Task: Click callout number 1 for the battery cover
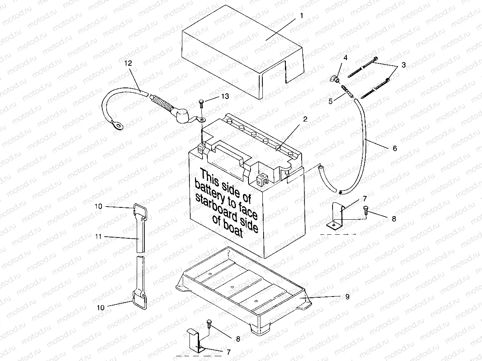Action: (x=301, y=16)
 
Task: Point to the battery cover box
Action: (x=238, y=51)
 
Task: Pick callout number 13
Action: (x=226, y=97)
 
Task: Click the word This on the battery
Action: (x=210, y=176)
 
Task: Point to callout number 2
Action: (x=305, y=119)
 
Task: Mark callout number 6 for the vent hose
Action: (x=394, y=148)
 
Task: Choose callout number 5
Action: (x=331, y=101)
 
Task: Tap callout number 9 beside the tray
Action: (x=347, y=297)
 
